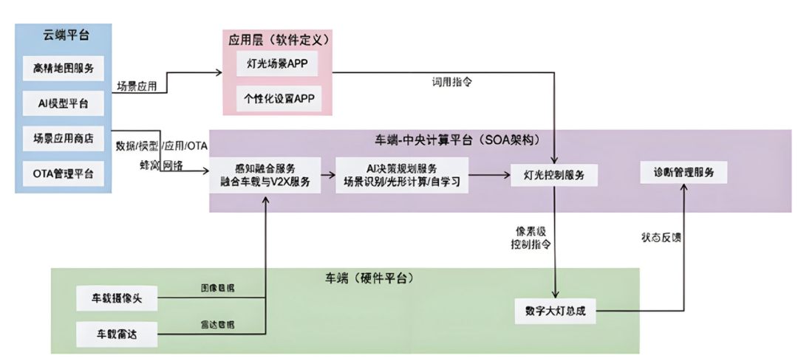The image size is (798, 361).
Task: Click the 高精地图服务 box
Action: pyautogui.click(x=64, y=69)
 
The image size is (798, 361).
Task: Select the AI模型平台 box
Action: pyautogui.click(x=64, y=103)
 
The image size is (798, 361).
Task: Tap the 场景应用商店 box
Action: pyautogui.click(x=64, y=137)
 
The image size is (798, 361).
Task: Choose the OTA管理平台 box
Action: pyautogui.click(x=64, y=173)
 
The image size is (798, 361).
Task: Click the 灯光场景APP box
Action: pyautogui.click(x=277, y=63)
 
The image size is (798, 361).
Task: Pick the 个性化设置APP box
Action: pyautogui.click(x=277, y=98)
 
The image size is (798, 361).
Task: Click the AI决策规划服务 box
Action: pyautogui.click(x=401, y=174)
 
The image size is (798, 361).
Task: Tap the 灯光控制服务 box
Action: pyautogui.click(x=554, y=175)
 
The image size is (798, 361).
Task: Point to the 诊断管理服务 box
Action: pyautogui.click(x=683, y=173)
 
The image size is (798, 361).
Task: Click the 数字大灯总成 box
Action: pyautogui.click(x=555, y=311)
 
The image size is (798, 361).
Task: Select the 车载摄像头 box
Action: pyautogui.click(x=117, y=299)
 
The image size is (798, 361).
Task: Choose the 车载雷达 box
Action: pyautogui.click(x=117, y=334)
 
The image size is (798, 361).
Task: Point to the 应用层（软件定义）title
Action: pyautogui.click(x=278, y=39)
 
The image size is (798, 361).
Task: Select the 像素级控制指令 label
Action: pyautogui.click(x=530, y=236)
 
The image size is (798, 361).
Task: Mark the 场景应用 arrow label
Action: pyautogui.click(x=137, y=86)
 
